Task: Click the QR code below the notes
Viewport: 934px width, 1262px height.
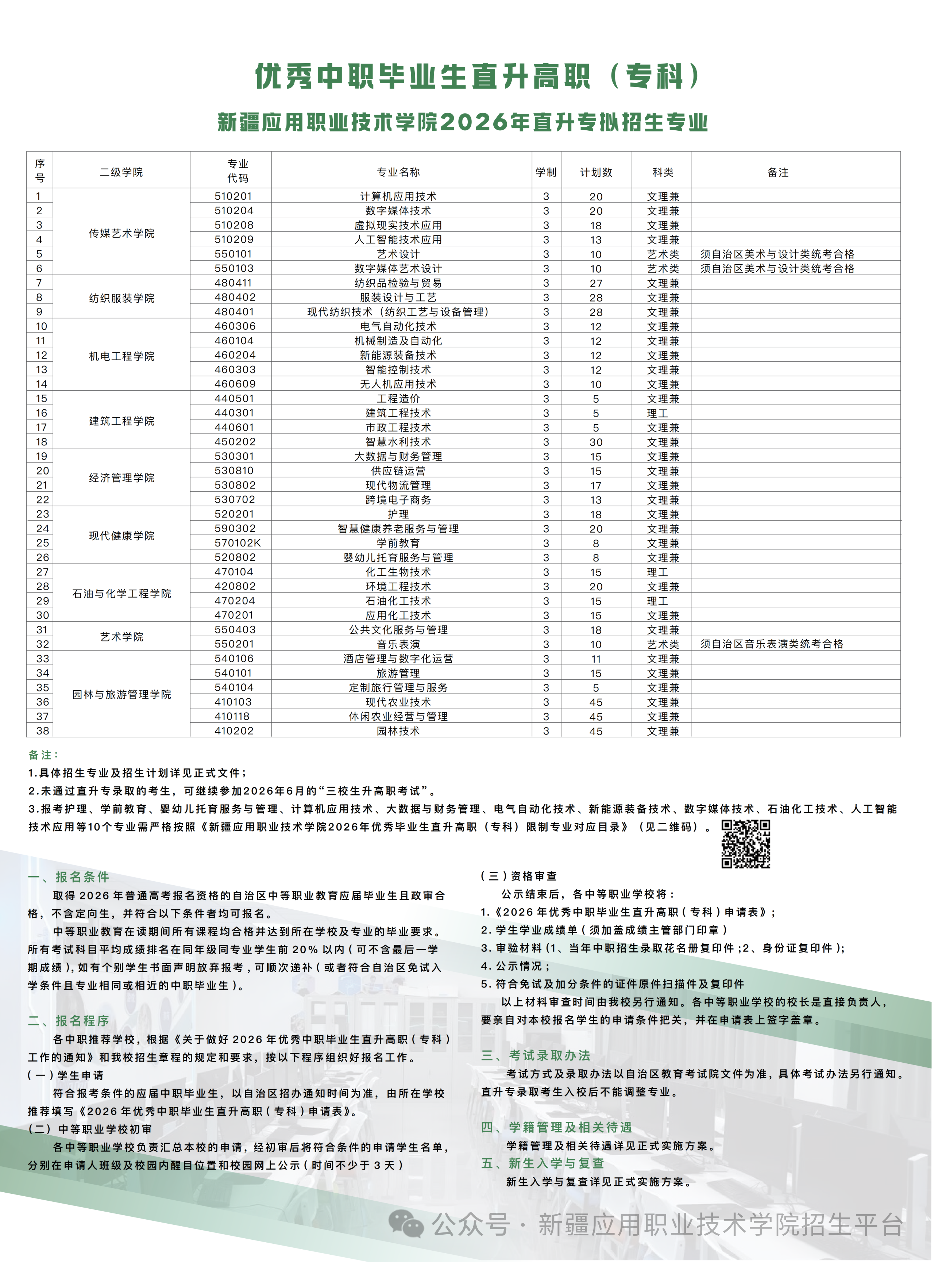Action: click(746, 844)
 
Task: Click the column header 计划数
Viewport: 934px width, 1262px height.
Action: click(596, 172)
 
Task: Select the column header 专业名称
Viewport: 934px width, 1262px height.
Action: click(398, 172)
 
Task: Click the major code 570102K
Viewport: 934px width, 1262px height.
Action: click(238, 542)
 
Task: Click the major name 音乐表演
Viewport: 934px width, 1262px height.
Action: click(398, 644)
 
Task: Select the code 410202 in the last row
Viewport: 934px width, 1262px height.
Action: click(234, 730)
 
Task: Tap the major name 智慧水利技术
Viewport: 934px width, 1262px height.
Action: click(398, 442)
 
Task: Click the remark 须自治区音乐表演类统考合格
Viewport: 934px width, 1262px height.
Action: click(771, 644)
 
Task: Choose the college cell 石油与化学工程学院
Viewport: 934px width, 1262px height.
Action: click(121, 593)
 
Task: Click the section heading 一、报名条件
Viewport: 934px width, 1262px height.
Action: click(69, 877)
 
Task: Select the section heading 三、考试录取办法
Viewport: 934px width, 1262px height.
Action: click(536, 1055)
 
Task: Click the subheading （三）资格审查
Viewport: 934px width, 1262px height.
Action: click(518, 876)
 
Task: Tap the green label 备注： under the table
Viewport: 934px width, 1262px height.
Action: click(43, 755)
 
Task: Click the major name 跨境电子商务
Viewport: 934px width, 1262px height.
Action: click(398, 499)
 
